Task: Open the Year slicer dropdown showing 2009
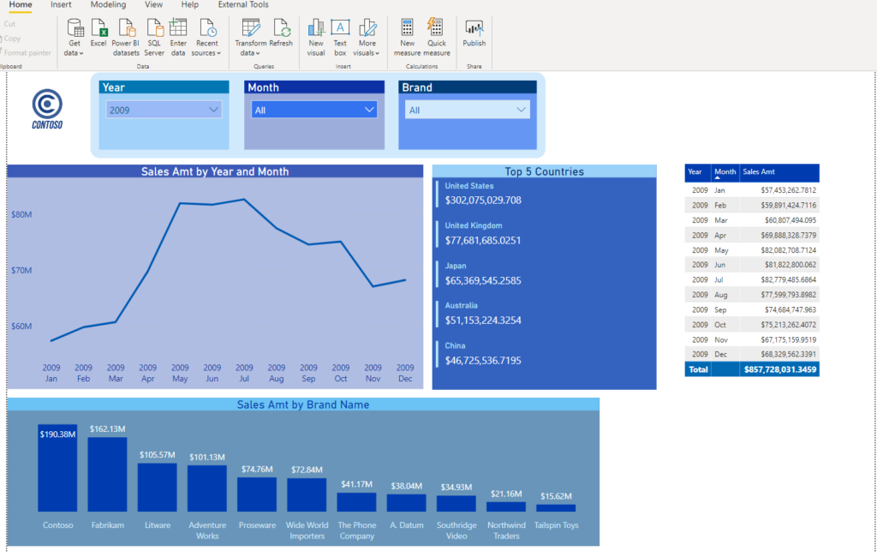pyautogui.click(x=164, y=110)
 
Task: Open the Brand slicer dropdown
pyautogui.click(x=467, y=110)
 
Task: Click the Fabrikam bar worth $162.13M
pyautogui.click(x=107, y=475)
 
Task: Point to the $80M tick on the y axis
pyautogui.click(x=21, y=215)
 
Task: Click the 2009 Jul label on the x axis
pyautogui.click(x=244, y=373)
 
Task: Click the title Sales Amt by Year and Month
pyautogui.click(x=215, y=171)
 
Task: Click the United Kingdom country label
pyautogui.click(x=474, y=226)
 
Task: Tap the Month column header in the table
pyautogui.click(x=725, y=172)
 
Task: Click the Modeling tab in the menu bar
pyautogui.click(x=108, y=5)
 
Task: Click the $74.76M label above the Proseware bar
pyautogui.click(x=257, y=469)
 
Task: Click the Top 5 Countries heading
pyautogui.click(x=544, y=171)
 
